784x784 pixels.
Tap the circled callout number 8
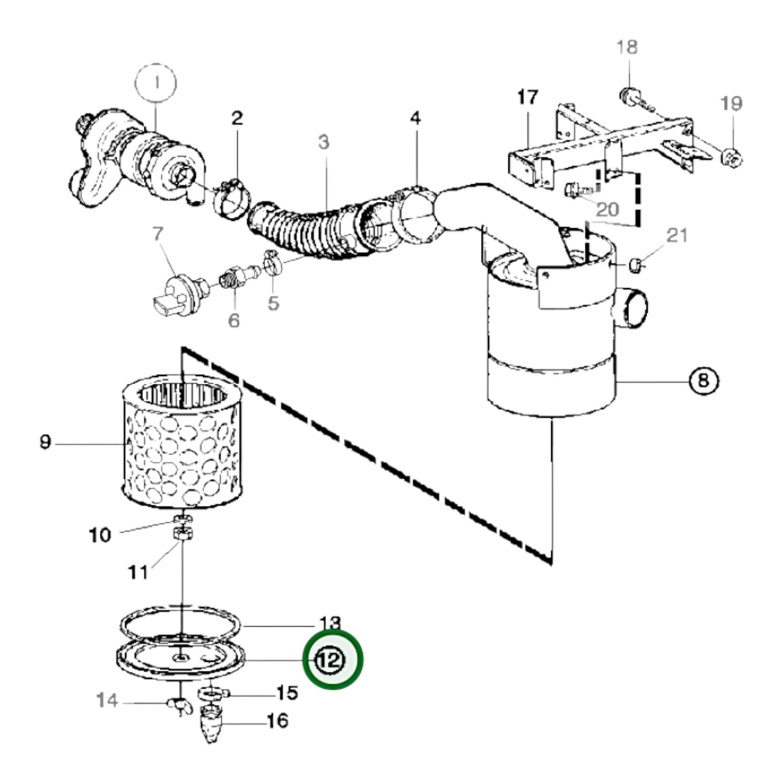click(x=704, y=381)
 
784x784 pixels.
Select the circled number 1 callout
click(x=156, y=83)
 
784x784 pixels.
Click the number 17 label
click(x=528, y=98)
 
